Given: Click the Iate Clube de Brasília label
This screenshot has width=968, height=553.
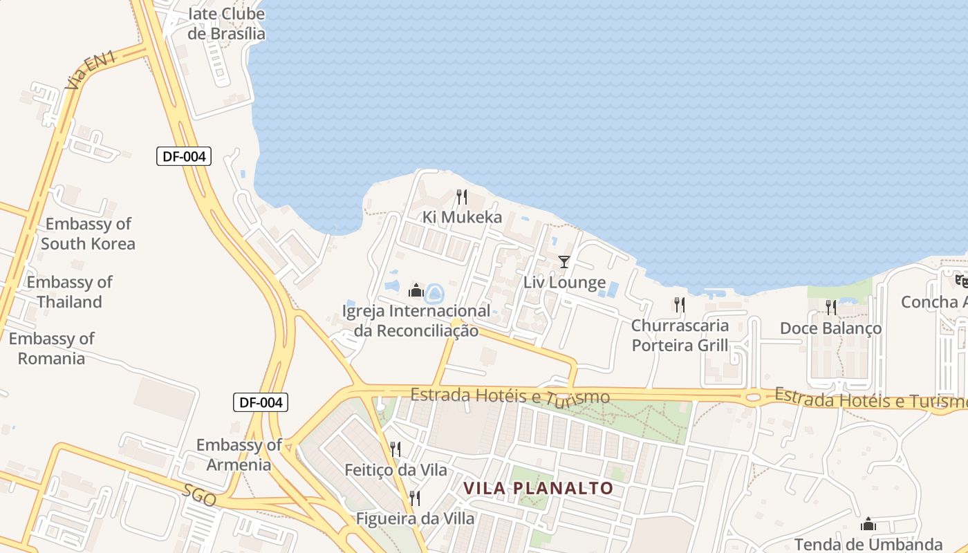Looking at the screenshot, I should coord(226,24).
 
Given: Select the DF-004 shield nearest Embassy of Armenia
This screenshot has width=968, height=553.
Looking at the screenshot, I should coord(261,402).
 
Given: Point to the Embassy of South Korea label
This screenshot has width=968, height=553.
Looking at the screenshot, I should coord(88,234).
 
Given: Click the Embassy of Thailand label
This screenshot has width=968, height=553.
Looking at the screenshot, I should coord(69,292).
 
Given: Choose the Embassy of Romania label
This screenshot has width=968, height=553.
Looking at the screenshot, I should coord(51,348).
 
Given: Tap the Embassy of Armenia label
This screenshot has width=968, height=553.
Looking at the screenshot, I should coord(239,454).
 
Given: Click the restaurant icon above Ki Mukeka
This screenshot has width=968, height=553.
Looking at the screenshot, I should coord(462,197).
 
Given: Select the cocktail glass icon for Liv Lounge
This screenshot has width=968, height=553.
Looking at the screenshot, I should coord(564,262).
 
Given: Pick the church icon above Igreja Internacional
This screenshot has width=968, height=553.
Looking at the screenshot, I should coord(416,290).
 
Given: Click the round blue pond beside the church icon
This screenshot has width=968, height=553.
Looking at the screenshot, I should coord(434,294).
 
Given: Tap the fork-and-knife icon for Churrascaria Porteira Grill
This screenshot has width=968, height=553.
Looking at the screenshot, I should coord(680,305).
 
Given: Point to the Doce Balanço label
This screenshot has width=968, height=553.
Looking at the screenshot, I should coord(830,328).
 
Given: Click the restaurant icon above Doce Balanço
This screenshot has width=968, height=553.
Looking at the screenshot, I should coord(830,308).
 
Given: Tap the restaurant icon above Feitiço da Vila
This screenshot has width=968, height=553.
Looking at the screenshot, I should coord(395,449).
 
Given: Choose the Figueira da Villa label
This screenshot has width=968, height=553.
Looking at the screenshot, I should coord(415,518).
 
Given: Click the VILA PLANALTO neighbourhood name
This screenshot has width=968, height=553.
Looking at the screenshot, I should coord(539,488).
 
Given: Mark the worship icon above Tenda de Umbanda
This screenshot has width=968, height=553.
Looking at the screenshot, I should coord(868,525).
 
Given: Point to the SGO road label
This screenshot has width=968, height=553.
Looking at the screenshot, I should coord(200,496).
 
